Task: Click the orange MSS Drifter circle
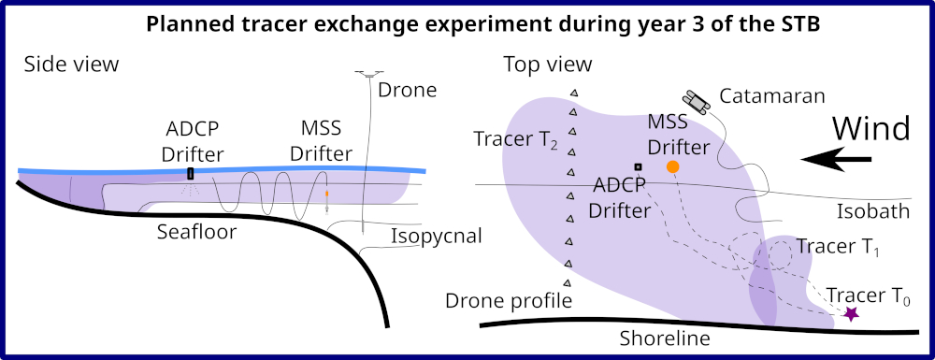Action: coord(672,167)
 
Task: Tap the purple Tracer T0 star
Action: coord(851,313)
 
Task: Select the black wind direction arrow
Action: coord(836,159)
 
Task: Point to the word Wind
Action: coord(871,129)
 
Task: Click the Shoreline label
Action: coord(665,338)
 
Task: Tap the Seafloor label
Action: coord(196,232)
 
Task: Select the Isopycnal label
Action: coord(436,237)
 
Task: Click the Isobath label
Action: coord(873,211)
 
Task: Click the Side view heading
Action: coord(72,65)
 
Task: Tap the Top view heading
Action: coord(547,65)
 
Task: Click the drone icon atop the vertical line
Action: coord(368,75)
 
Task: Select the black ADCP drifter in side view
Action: coord(191,173)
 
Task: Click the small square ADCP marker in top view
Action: coord(638,166)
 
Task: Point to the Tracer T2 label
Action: coord(516,139)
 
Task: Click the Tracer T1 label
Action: coord(839,246)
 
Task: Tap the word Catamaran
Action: coord(772,95)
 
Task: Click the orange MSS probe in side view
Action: coord(326,194)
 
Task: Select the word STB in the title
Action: coord(801,25)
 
